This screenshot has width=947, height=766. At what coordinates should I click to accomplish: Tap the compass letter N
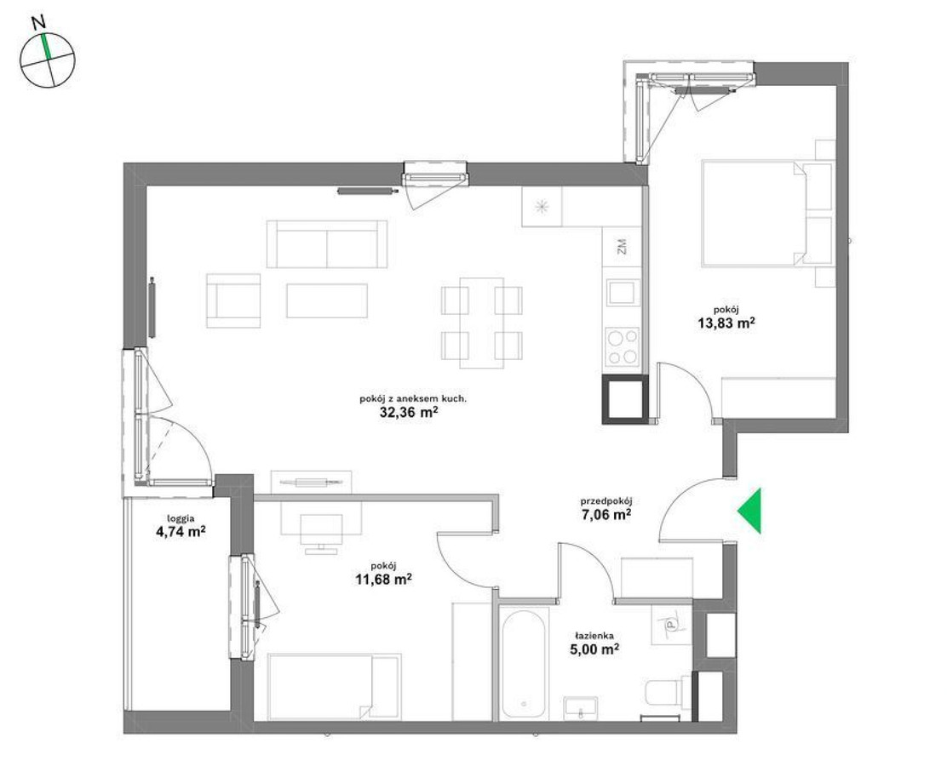pos(39,23)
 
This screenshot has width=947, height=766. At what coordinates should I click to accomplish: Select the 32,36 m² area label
pos(408,413)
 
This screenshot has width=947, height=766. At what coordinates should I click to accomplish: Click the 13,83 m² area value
pos(726,323)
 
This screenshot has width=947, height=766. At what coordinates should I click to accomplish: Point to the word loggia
pos(181,517)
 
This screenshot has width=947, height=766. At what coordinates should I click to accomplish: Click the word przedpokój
pos(606,501)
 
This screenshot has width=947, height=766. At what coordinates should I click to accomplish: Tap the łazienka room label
pos(595,636)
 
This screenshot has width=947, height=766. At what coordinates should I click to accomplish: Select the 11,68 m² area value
pos(384,580)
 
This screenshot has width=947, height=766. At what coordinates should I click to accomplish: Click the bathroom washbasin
pos(581,707)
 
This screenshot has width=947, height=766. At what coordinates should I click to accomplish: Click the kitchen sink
pos(623,294)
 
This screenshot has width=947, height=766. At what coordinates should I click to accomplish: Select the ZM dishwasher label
pos(622,247)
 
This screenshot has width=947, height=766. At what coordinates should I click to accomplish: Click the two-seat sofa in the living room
pos(327,244)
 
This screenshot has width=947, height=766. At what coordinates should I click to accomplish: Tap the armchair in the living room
pos(233,300)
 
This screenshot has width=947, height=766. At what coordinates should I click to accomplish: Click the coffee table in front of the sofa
pos(327,300)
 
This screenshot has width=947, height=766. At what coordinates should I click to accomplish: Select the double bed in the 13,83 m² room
pos(767,213)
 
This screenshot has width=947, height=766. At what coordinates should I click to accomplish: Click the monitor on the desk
pos(321,529)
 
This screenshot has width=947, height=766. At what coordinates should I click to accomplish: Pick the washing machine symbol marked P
pos(670,625)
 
